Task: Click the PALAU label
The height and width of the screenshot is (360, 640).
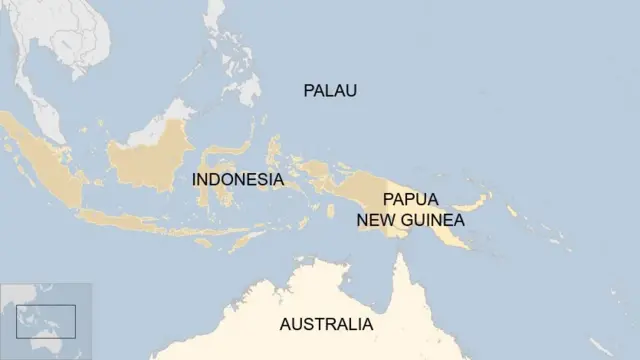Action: coord(330,91)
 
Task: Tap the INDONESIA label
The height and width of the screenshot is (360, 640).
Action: coord(237,180)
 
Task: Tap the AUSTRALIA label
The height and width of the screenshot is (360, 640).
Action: coord(326,324)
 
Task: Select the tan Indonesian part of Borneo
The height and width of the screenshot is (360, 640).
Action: coord(150,160)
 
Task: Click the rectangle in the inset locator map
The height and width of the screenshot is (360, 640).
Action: coord(46,321)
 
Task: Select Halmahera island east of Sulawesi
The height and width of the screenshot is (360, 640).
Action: coord(276,150)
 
